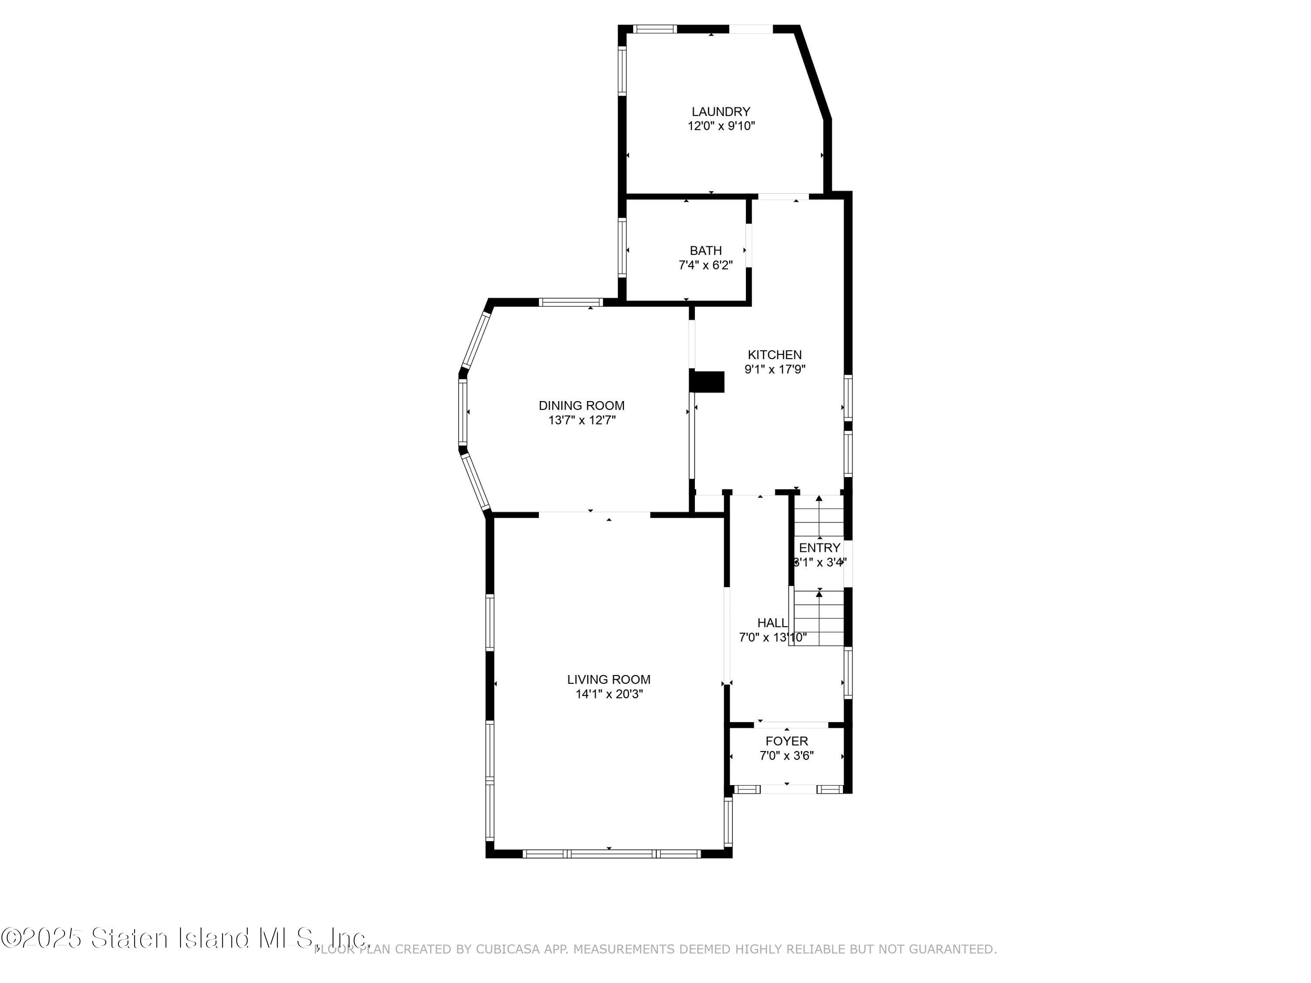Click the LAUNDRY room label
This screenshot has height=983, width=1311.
point(721,111)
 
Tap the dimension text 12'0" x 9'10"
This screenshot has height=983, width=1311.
point(721,126)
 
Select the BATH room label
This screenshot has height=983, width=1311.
point(705,251)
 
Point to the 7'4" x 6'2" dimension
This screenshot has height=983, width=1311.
point(705,266)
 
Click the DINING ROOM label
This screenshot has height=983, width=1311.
point(581,406)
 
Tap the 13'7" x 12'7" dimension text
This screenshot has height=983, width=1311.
point(581,421)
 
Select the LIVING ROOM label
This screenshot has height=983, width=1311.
point(608,680)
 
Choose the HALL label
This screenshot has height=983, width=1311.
point(772,623)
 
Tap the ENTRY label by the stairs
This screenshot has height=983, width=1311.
point(819,547)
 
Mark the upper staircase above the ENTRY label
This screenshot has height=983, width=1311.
point(819,517)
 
